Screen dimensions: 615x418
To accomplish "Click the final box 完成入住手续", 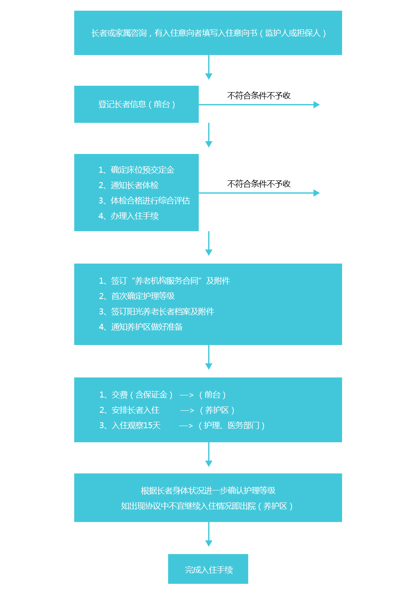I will coord(208,569).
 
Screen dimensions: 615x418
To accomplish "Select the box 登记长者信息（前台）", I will coord(136,104).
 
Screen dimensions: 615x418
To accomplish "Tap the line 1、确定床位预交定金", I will coord(136,170).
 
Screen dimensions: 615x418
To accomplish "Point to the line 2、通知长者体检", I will coord(129,185).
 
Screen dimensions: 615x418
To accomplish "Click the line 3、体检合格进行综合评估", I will coord(144,200).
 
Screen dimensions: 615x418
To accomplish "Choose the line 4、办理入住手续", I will coord(129,216).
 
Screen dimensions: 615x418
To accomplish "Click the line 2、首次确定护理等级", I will coord(137,296).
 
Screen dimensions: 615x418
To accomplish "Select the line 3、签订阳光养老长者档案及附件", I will coord(157,311).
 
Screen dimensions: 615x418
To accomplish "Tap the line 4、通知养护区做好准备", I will coord(141,327).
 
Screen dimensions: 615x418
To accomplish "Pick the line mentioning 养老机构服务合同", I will coord(165,281).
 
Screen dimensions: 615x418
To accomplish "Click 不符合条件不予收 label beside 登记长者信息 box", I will coord(259,96).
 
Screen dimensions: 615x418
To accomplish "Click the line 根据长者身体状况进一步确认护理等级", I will coord(208,490).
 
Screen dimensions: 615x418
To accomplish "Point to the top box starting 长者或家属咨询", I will coord(208,33).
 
